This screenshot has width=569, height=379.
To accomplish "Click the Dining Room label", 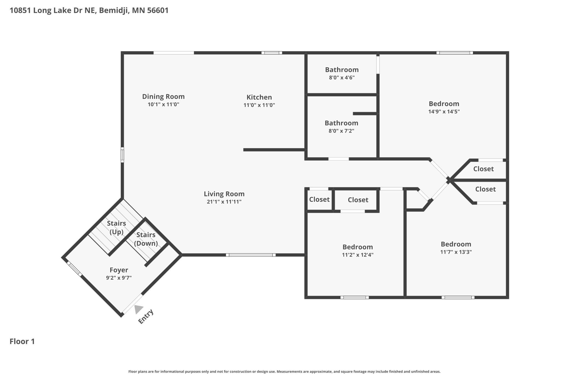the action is (163, 97).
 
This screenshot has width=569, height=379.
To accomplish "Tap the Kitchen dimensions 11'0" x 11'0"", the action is (259, 105).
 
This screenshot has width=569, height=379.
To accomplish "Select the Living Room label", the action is (224, 194).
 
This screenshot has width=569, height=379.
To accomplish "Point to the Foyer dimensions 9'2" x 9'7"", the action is (119, 278).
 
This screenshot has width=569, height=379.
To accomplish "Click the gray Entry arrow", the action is (138, 309).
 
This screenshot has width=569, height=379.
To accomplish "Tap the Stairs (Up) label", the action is (117, 228).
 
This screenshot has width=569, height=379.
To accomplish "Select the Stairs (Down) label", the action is (146, 239).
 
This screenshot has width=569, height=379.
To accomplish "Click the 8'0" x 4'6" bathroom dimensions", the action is (342, 78).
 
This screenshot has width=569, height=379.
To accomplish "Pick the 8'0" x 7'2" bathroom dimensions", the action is (341, 131).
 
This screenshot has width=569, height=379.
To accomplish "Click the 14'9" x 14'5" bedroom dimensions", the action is (444, 112).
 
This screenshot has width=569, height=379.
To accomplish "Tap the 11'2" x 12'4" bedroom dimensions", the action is (358, 255).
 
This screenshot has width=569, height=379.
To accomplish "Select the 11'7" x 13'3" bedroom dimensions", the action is (456, 252).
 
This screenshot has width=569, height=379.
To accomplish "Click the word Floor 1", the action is (22, 341).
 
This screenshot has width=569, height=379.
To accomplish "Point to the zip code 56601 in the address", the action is (158, 10).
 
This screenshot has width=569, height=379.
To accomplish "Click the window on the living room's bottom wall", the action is (251, 255).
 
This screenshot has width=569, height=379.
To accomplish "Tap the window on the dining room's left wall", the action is (122, 155).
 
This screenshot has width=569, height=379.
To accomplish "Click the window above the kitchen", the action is (272, 53).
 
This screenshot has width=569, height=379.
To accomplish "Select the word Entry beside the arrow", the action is (146, 317).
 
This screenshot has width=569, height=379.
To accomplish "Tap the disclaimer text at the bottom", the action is (284, 372).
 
